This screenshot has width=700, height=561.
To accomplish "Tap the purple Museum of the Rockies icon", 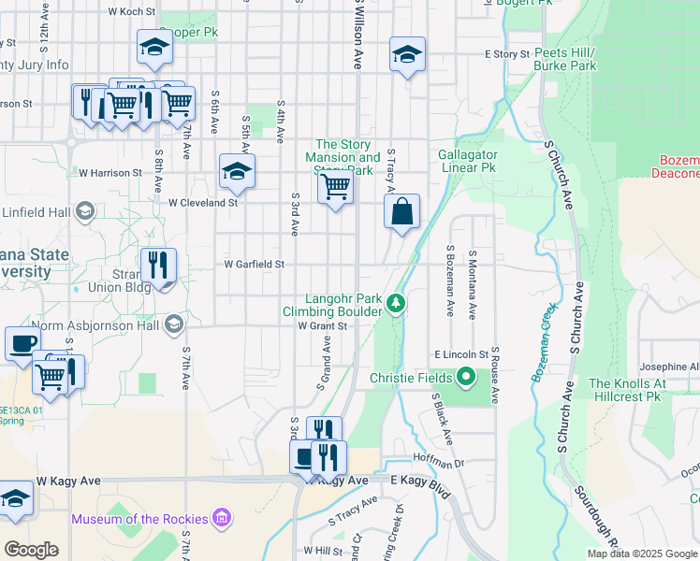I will pyautogui.click(x=222, y=517).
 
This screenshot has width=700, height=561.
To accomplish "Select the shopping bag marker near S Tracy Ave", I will pyautogui.click(x=401, y=212).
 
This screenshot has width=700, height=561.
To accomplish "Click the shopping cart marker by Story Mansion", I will pyautogui.click(x=335, y=186).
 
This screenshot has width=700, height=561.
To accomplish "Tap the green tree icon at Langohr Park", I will pyautogui.click(x=397, y=303).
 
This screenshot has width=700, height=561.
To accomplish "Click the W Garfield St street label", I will pyautogui.click(x=254, y=265).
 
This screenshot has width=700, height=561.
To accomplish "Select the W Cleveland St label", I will pyautogui.click(x=203, y=202).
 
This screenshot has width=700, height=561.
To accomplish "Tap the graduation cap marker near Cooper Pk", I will pyautogui.click(x=154, y=48).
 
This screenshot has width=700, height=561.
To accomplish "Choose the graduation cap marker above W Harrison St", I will pyautogui.click(x=237, y=171).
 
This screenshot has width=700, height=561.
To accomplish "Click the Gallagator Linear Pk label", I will pyautogui.click(x=467, y=161).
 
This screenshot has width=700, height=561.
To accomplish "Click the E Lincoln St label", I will pyautogui.click(x=460, y=355).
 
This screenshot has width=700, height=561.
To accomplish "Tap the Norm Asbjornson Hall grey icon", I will pyautogui.click(x=172, y=325).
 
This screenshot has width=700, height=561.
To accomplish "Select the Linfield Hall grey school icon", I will pyautogui.click(x=85, y=209).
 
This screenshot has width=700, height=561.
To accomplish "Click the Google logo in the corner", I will pyautogui.click(x=31, y=549).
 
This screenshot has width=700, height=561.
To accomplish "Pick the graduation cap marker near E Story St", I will pyautogui.click(x=407, y=54).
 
